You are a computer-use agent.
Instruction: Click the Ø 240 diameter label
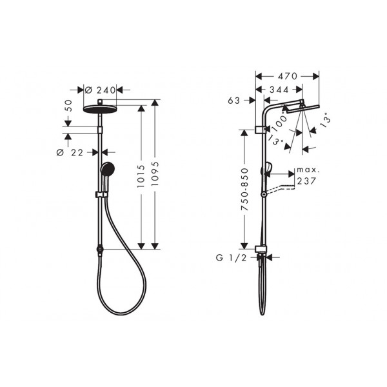(101, 90)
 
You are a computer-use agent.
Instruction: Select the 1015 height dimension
(141, 176)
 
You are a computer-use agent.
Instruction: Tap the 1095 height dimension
(155, 174)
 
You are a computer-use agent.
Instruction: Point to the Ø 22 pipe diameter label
(70, 152)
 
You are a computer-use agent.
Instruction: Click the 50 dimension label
(69, 106)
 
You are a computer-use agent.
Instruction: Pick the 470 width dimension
(288, 76)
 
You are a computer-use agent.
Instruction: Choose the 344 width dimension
(279, 90)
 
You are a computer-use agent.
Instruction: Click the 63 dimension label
(234, 101)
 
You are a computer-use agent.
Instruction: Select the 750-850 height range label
(244, 189)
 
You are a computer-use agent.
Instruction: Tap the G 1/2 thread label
(232, 258)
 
